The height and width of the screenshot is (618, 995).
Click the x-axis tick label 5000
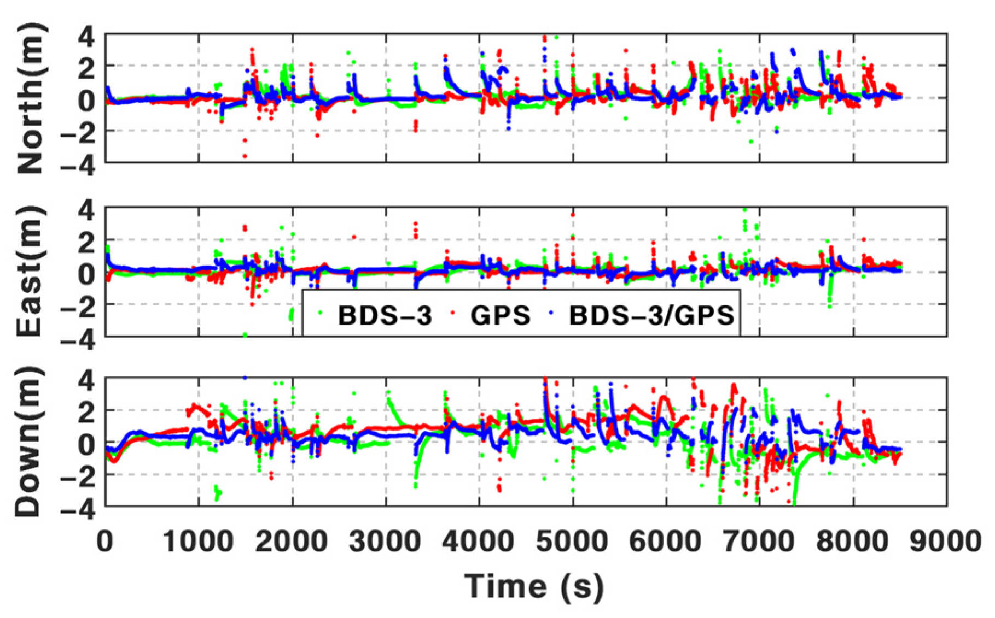[x=572, y=542]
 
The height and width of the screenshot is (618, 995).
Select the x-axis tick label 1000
[x=199, y=542]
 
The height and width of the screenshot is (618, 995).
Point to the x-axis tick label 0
[x=105, y=542]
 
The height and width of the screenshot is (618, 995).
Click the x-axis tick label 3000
[x=386, y=542]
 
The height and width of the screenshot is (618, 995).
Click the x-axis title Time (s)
[x=534, y=586]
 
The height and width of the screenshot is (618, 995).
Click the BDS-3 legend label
[x=385, y=315]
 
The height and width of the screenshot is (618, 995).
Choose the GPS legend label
[x=501, y=315]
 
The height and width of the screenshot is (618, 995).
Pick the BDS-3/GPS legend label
[x=651, y=315]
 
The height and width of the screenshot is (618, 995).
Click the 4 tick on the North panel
[x=86, y=37]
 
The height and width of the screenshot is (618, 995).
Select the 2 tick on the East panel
[x=86, y=240]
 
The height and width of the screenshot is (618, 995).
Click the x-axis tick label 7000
[x=759, y=542]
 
